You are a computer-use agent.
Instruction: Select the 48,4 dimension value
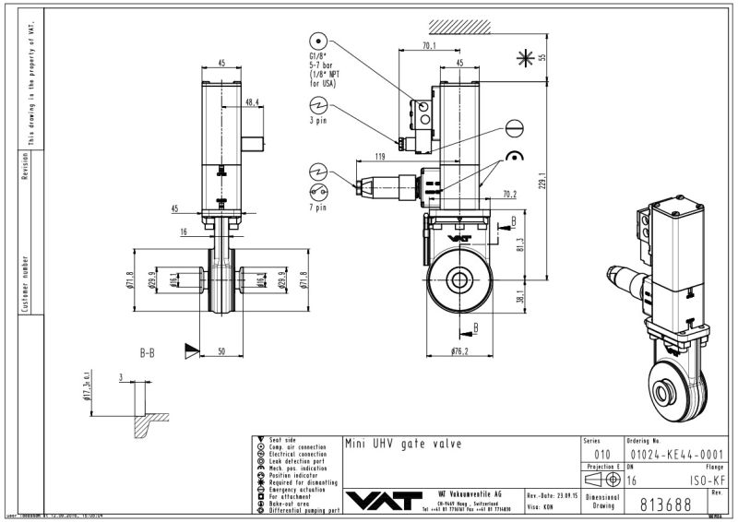tap(251, 101)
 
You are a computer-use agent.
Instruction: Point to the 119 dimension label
tap(380, 157)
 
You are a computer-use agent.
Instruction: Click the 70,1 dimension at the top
tap(430, 45)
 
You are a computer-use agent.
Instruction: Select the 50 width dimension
tap(222, 351)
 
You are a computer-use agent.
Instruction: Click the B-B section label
tap(148, 351)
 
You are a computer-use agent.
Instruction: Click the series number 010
tap(602, 454)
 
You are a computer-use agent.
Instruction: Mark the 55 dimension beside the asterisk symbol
tap(542, 55)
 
